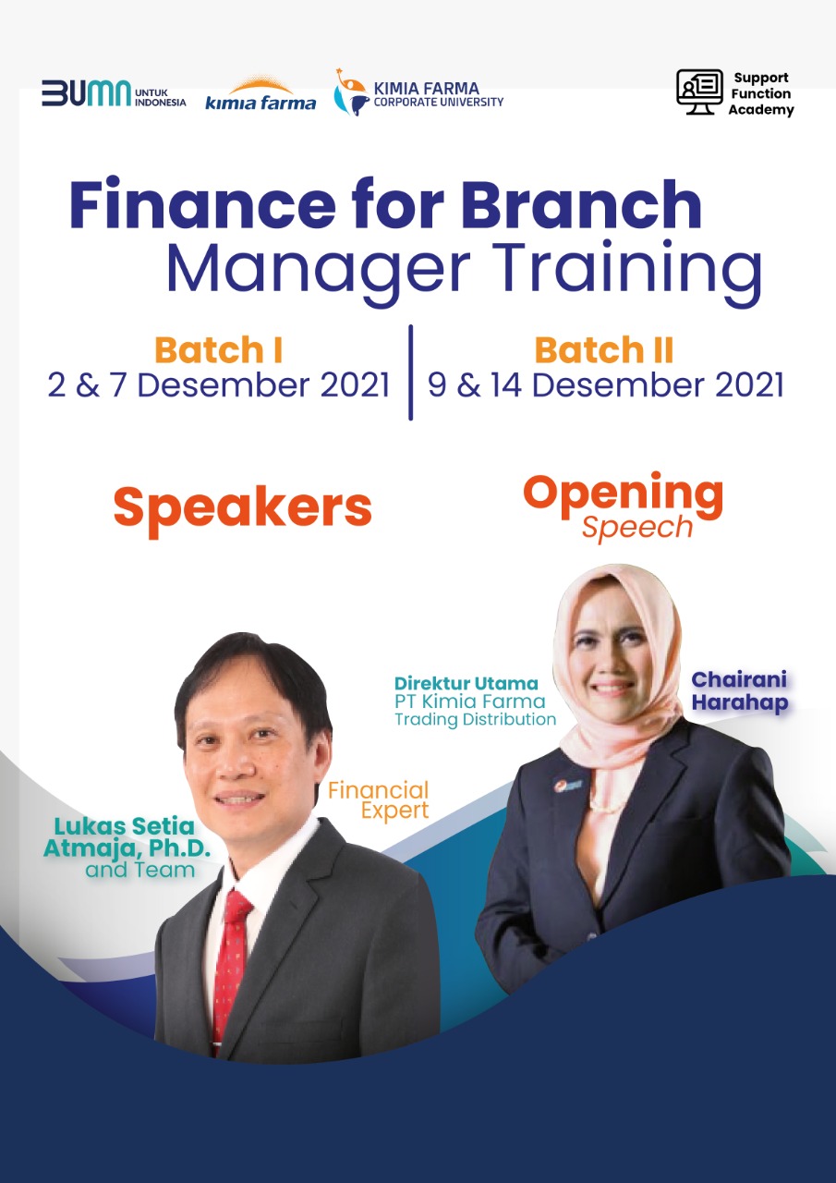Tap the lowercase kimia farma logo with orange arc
[260, 95]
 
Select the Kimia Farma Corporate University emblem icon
[350, 92]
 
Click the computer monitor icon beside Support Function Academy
[700, 91]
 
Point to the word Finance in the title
[202, 204]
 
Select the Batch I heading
[219, 350]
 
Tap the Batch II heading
[604, 350]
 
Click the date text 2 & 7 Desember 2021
[219, 385]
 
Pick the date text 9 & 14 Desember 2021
[605, 385]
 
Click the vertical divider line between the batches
[411, 372]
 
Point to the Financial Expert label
[379, 800]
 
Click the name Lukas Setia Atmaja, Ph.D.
[127, 837]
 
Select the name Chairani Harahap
[739, 691]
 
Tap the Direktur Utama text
[466, 683]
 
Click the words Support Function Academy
[760, 93]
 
